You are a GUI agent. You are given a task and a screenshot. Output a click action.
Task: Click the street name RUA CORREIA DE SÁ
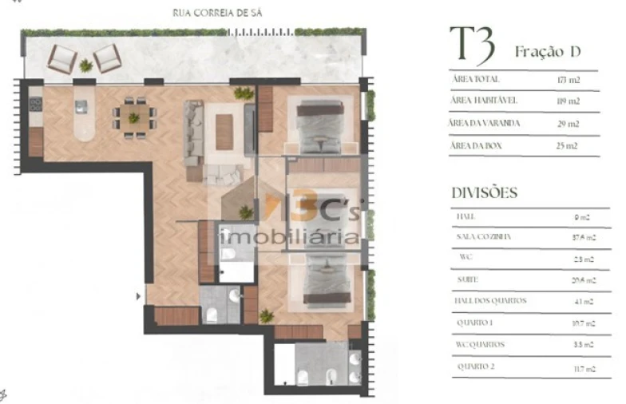pos(217,13)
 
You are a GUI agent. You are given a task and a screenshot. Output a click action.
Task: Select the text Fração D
pos(547,52)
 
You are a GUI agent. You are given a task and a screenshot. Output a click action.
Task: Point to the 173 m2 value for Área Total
pos(568,81)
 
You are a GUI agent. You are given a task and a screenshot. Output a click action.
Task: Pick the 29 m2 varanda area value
pos(568,124)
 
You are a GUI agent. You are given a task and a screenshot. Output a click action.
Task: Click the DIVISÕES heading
pos(485,193)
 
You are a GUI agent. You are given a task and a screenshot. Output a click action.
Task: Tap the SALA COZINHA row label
pos(483,237)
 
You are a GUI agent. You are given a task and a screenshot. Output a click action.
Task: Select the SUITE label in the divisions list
pos(468,280)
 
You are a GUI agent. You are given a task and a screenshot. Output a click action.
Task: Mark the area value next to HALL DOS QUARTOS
pos(584,302)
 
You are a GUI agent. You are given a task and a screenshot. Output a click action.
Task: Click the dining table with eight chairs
pos(133,117)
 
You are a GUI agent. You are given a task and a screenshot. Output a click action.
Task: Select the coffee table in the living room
pos(224,131)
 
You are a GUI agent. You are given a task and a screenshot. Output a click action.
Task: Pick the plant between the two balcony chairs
pos(85,65)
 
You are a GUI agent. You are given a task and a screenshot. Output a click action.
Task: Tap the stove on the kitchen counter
pos(35,105)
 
